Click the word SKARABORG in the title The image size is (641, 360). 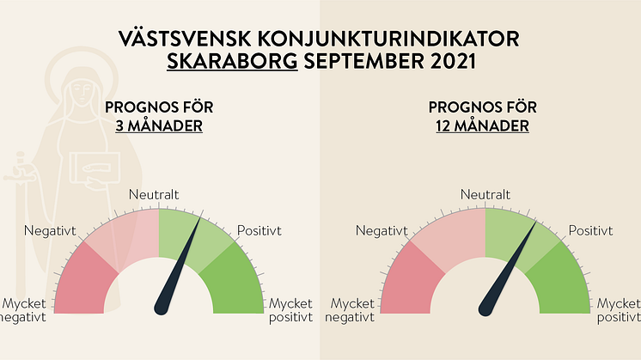232,61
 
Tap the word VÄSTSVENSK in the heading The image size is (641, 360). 185,39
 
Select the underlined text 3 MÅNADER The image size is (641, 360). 159,125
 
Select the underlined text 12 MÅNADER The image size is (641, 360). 482,125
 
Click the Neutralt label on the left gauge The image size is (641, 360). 154,194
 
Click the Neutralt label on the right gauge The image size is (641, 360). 485,194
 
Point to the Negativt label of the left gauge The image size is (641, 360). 50,231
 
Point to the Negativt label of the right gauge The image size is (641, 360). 382,231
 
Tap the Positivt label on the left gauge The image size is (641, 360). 259,231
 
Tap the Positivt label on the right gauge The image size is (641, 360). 590,231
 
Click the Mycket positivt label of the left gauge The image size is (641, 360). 290,310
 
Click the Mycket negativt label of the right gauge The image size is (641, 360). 350,310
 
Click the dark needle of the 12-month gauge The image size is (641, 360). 507,271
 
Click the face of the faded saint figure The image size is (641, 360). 82,92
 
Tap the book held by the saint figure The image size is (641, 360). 95,168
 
